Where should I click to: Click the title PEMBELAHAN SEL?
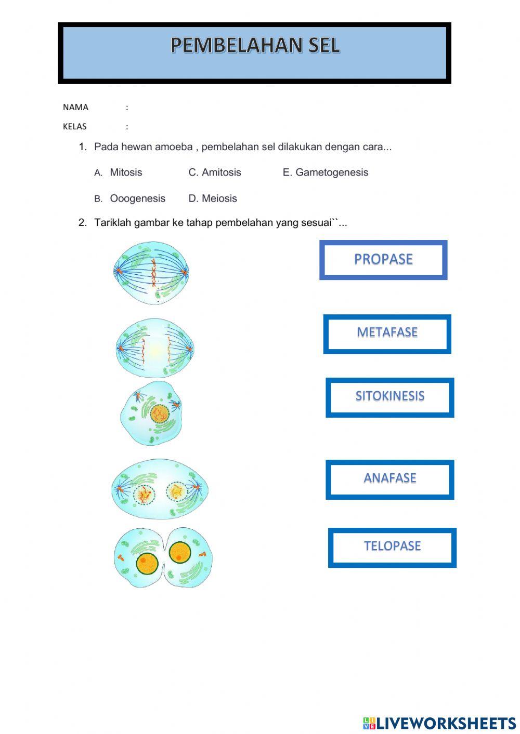[x=255, y=45]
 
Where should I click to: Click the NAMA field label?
[x=75, y=108]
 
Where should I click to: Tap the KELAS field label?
[x=74, y=126]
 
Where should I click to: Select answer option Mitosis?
[x=126, y=172]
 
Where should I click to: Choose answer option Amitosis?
[x=222, y=172]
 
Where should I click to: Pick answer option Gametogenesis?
[x=332, y=172]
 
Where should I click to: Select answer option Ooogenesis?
[x=137, y=198]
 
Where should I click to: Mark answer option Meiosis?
[x=219, y=198]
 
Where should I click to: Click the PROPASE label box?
[x=383, y=260]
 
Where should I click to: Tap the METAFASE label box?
[x=387, y=334]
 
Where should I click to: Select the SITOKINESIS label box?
[x=390, y=397]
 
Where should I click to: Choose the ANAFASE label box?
[x=390, y=479]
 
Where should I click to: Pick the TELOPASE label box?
[x=392, y=548]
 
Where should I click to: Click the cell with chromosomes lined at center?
[x=151, y=273]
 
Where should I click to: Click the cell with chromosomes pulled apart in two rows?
[x=155, y=348]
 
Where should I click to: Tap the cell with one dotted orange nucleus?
[x=151, y=413]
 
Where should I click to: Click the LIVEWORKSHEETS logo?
[x=439, y=723]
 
